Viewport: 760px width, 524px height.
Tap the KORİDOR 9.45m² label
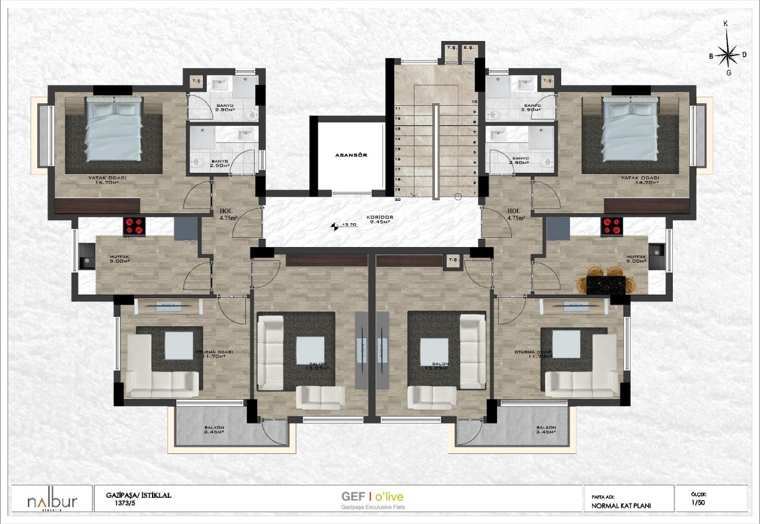pyautogui.click(x=380, y=220)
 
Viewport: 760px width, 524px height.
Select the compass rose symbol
pyautogui.click(x=727, y=54)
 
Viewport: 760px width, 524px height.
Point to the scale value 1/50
pyautogui.click(x=699, y=503)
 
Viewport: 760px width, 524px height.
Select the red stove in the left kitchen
pyautogui.click(x=135, y=226)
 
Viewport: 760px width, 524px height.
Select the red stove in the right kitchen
pyautogui.click(x=613, y=225)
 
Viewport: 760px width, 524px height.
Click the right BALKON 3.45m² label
pyautogui.click(x=545, y=430)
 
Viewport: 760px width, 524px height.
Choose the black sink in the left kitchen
pyautogui.click(x=87, y=260)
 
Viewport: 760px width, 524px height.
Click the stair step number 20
pyautogui.click(x=397, y=200)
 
